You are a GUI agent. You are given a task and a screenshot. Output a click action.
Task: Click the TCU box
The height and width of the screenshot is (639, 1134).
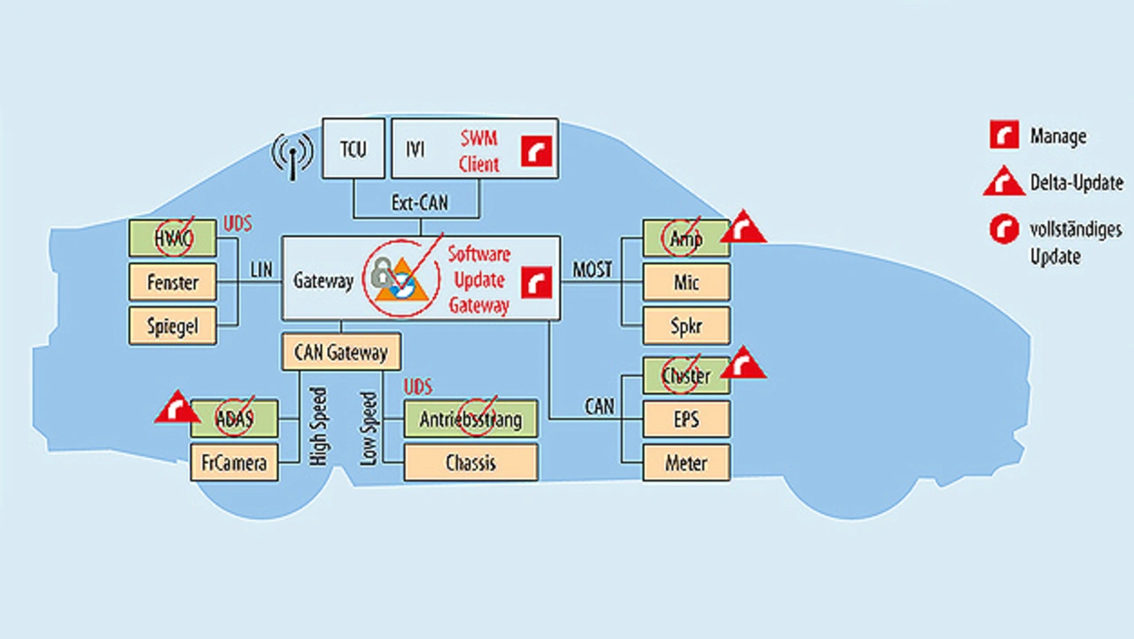coord(352,148)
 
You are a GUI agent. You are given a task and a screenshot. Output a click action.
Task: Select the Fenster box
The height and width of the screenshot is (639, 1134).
coord(173,283)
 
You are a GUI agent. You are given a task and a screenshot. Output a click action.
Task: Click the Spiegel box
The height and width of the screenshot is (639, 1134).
coord(173,326)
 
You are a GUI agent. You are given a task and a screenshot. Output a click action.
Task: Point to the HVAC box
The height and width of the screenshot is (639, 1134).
coord(173,238)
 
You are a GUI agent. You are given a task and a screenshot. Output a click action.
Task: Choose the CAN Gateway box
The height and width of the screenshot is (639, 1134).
coord(340,352)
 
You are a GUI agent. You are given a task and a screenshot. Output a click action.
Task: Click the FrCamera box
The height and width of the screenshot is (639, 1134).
coord(234,463)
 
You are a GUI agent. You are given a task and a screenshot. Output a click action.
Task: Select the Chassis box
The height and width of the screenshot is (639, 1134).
coord(470,463)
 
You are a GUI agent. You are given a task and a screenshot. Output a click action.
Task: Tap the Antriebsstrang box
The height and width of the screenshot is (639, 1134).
coord(470,418)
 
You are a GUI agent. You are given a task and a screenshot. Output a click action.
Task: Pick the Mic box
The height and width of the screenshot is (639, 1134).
coord(686,283)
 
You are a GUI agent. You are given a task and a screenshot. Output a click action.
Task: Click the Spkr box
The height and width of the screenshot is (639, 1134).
coord(686,326)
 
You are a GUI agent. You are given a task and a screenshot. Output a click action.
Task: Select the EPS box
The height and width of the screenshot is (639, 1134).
coord(686,418)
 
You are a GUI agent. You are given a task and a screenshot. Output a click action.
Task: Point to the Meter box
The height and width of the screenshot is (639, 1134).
coord(686,463)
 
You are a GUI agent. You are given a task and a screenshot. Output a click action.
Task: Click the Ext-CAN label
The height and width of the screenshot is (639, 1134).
coord(419,203)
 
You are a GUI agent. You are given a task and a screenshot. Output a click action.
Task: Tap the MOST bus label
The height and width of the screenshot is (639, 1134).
coord(592,269)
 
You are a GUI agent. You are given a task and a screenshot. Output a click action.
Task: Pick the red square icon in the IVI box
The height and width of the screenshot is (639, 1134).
coord(536,151)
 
